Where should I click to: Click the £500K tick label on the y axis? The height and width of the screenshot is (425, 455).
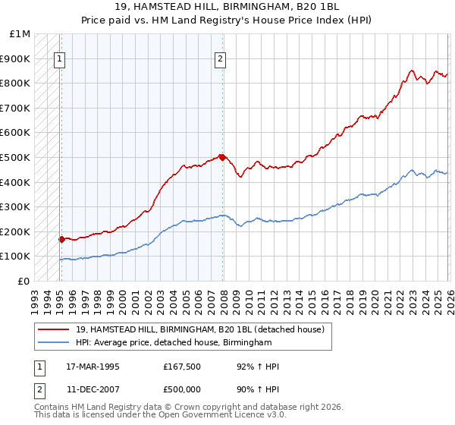point(15,157)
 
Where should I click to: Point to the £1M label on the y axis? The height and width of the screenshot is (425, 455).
point(20,34)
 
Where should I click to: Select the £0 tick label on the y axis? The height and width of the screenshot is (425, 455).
point(25,281)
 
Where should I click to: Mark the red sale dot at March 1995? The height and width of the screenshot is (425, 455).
point(61,239)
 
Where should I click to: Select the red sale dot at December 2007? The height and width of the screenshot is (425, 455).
point(222,157)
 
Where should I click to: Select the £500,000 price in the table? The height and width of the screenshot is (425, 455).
point(182,389)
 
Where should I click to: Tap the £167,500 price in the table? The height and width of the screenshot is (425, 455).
point(182,367)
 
